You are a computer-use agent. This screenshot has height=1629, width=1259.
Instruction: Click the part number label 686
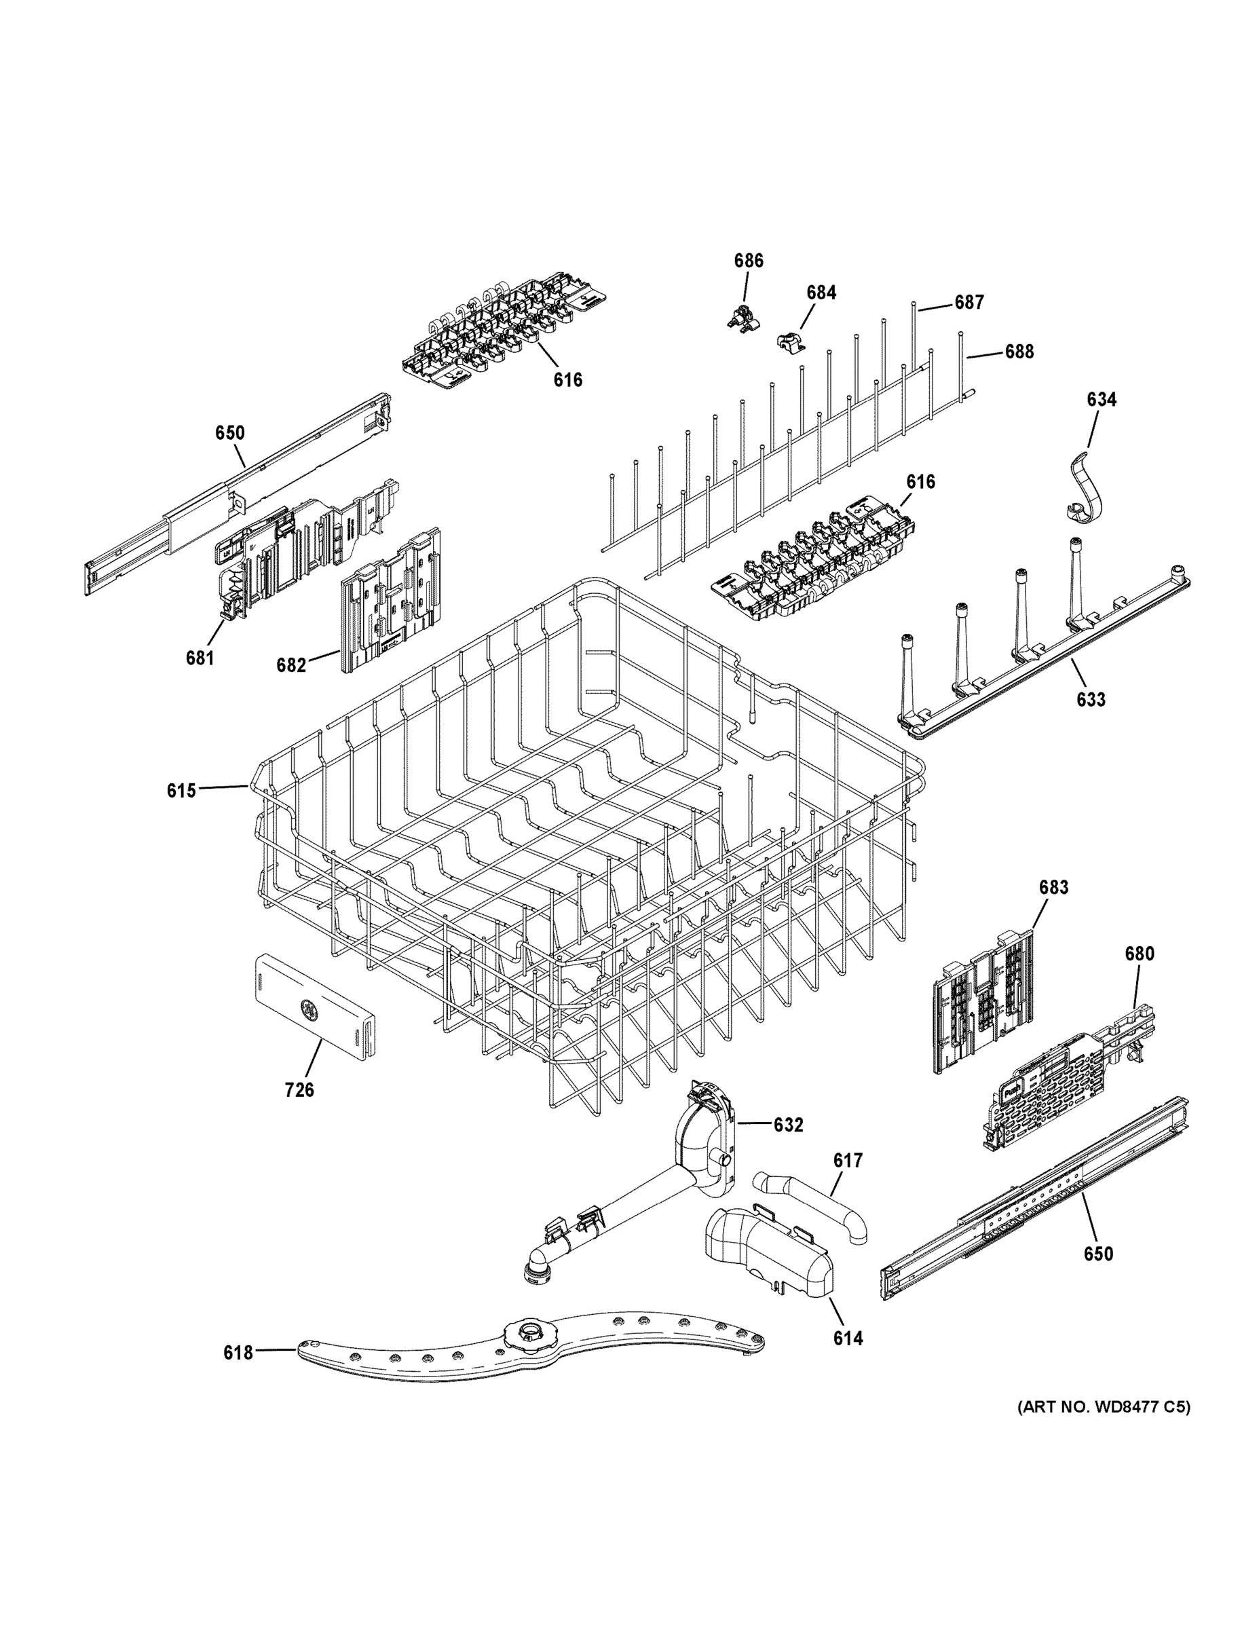click(x=748, y=261)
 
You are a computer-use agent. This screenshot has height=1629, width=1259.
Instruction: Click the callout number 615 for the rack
click(x=181, y=791)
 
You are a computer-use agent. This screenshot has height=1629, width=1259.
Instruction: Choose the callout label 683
click(x=1053, y=888)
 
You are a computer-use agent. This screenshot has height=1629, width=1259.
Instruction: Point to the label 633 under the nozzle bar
click(x=1090, y=700)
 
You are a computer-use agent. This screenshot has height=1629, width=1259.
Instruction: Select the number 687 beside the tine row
click(x=969, y=302)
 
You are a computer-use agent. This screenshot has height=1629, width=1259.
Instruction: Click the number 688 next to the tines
click(x=1019, y=352)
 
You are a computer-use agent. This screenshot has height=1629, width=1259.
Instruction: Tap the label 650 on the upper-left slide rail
click(x=229, y=432)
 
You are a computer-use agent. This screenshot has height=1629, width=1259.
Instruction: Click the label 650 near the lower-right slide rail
click(x=1098, y=1254)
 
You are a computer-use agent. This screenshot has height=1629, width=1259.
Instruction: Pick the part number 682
click(x=291, y=664)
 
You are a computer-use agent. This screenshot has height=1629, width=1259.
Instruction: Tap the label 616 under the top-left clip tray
click(x=567, y=379)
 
